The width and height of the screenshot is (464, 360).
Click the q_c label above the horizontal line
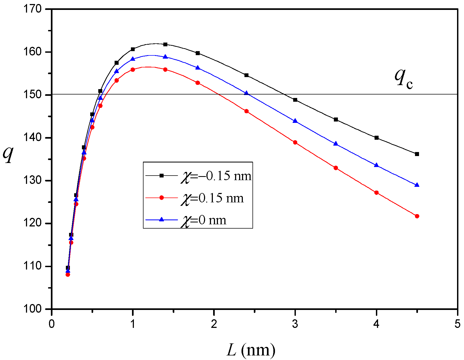[403, 78]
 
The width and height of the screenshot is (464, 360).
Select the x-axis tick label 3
[295, 324]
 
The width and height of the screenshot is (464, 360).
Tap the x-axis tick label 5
[457, 324]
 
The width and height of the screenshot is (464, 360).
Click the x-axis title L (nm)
[251, 350]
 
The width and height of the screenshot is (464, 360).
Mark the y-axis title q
[8, 154]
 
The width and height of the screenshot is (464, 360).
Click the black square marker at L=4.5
[417, 154]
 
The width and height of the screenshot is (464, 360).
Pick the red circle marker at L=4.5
[417, 216]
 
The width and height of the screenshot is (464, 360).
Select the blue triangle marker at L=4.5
[417, 185]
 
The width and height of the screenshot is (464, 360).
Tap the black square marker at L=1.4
[165, 44]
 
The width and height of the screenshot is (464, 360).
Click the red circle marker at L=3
[295, 142]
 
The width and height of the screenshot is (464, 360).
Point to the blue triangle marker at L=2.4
[246, 93]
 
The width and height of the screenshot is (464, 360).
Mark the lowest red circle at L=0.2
[68, 274]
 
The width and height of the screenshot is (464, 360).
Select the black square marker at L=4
[376, 138]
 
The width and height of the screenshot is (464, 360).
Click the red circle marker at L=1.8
[198, 83]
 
